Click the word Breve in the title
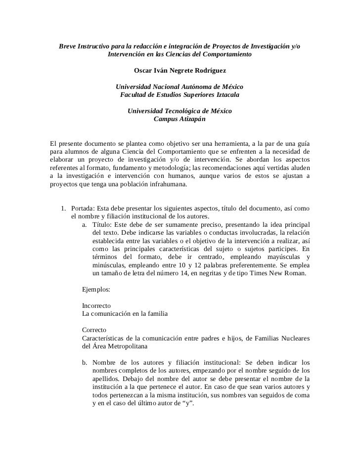point(69,46)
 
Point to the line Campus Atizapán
point(179,119)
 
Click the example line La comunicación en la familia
point(125,313)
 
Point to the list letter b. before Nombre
point(86,362)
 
